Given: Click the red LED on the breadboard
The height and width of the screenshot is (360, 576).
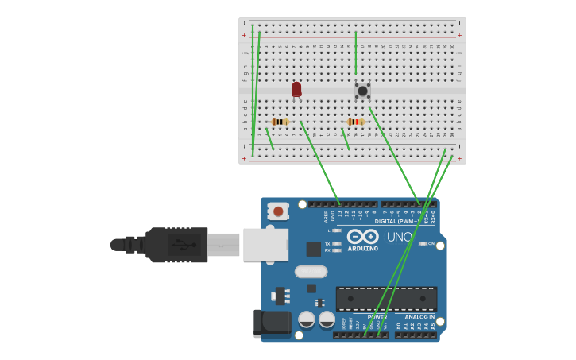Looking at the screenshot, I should pos(296,89).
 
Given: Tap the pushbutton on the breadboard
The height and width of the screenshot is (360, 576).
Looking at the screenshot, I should pos(362,91).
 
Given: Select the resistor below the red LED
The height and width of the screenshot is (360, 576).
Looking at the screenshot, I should pos(280,122).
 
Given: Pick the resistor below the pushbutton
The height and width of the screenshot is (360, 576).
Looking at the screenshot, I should pos(354,122).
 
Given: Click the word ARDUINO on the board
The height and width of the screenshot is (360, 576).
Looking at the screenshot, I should pos(362,249).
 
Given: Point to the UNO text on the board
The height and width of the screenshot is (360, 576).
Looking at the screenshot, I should pos(399,237).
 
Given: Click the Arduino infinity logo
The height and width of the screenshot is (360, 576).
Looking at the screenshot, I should pos(362,236).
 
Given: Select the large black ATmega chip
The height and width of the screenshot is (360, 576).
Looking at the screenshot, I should pos(386,299).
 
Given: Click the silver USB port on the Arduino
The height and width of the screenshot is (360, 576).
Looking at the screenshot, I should pos(265,244).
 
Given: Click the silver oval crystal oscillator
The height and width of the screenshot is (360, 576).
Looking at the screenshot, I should pos(311,272).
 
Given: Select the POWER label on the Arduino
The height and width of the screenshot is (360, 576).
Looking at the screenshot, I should pos(377,316).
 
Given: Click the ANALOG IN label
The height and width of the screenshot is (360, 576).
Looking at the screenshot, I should pos(419,316).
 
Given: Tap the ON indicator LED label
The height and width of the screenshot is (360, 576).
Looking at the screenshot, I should pos(431,243).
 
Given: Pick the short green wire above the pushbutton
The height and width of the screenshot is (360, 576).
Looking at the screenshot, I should pos(356,52).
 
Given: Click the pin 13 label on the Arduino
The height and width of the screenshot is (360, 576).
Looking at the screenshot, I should pos(340,213).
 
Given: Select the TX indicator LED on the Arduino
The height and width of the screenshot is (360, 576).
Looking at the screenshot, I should pos(337,244).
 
